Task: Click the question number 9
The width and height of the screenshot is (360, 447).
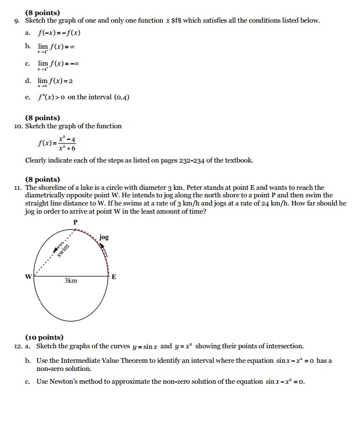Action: [17, 20]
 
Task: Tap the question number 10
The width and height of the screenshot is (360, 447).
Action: [19, 126]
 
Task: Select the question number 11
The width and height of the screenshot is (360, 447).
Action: [18, 188]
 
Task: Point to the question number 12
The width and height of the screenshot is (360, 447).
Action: [19, 346]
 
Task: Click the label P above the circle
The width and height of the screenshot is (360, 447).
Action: [75, 223]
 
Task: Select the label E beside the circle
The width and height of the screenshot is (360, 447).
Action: [114, 277]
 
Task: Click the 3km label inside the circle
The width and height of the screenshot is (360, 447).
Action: [71, 281]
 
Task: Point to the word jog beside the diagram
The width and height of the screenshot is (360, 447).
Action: [104, 237]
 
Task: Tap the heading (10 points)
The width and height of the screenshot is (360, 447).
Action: [44, 337]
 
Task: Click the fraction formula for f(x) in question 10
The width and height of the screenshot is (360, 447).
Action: [57, 143]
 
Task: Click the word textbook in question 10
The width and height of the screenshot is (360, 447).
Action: [237, 160]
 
